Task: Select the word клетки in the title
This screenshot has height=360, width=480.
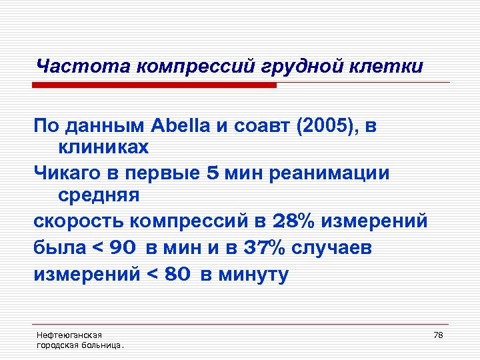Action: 392,67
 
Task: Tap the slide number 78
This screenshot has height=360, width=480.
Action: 438,335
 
